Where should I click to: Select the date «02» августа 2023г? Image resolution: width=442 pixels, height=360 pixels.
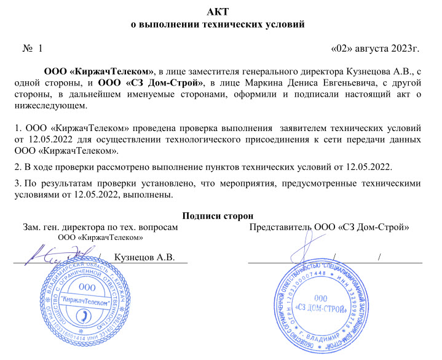[376, 47]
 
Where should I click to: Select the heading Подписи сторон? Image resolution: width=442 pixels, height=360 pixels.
[219, 216]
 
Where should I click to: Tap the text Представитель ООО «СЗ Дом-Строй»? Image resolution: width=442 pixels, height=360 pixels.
[330, 227]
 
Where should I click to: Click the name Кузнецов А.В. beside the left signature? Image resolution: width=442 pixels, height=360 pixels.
[145, 257]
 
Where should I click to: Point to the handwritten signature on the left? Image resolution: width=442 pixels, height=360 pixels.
[58, 254]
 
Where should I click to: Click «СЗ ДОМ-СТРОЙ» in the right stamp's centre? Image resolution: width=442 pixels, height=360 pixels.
[320, 306]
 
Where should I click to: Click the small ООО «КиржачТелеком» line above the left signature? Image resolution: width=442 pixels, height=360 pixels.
[100, 237]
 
